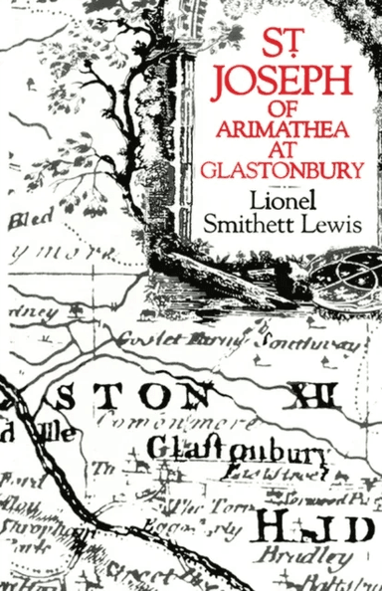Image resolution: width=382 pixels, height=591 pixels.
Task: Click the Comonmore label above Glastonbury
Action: point(196,426)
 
